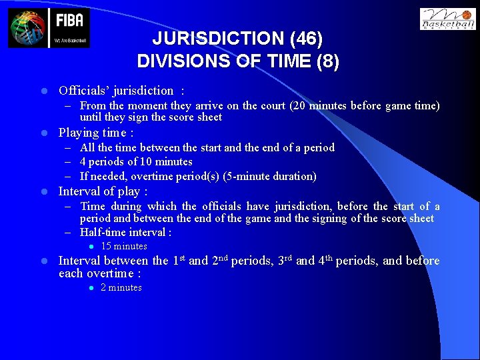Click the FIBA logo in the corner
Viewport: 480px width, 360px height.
(x=49, y=28)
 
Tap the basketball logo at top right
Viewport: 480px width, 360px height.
(x=447, y=19)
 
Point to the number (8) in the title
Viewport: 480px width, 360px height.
(x=327, y=61)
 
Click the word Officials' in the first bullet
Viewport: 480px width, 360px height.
(x=81, y=91)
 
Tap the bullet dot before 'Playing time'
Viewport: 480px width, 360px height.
(x=44, y=133)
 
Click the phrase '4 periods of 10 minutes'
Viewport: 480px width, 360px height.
(x=136, y=162)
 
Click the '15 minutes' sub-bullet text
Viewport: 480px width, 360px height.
(x=123, y=247)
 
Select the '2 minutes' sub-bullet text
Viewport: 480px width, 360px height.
(x=121, y=288)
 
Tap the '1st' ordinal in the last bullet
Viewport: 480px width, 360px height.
(x=178, y=260)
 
